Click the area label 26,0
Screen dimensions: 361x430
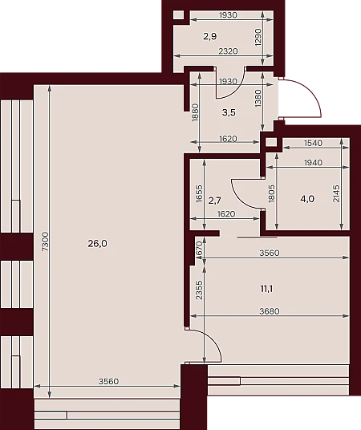98,243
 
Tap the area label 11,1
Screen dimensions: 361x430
266,289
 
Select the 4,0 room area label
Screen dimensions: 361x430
307,199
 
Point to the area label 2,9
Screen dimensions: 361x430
210,36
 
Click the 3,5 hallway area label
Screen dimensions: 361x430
229,112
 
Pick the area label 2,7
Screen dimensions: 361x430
214,201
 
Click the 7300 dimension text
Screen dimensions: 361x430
45,241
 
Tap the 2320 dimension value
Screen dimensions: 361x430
228,51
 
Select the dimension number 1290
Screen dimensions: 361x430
258,37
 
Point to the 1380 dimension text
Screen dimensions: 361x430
258,98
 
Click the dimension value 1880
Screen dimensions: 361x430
195,112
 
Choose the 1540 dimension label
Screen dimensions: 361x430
314,143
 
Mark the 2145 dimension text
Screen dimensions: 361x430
336,193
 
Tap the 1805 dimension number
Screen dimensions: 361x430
272,193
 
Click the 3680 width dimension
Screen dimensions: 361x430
270,311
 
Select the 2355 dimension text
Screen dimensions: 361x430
200,290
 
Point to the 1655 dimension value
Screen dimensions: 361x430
200,193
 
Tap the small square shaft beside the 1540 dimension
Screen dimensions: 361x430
271,143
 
